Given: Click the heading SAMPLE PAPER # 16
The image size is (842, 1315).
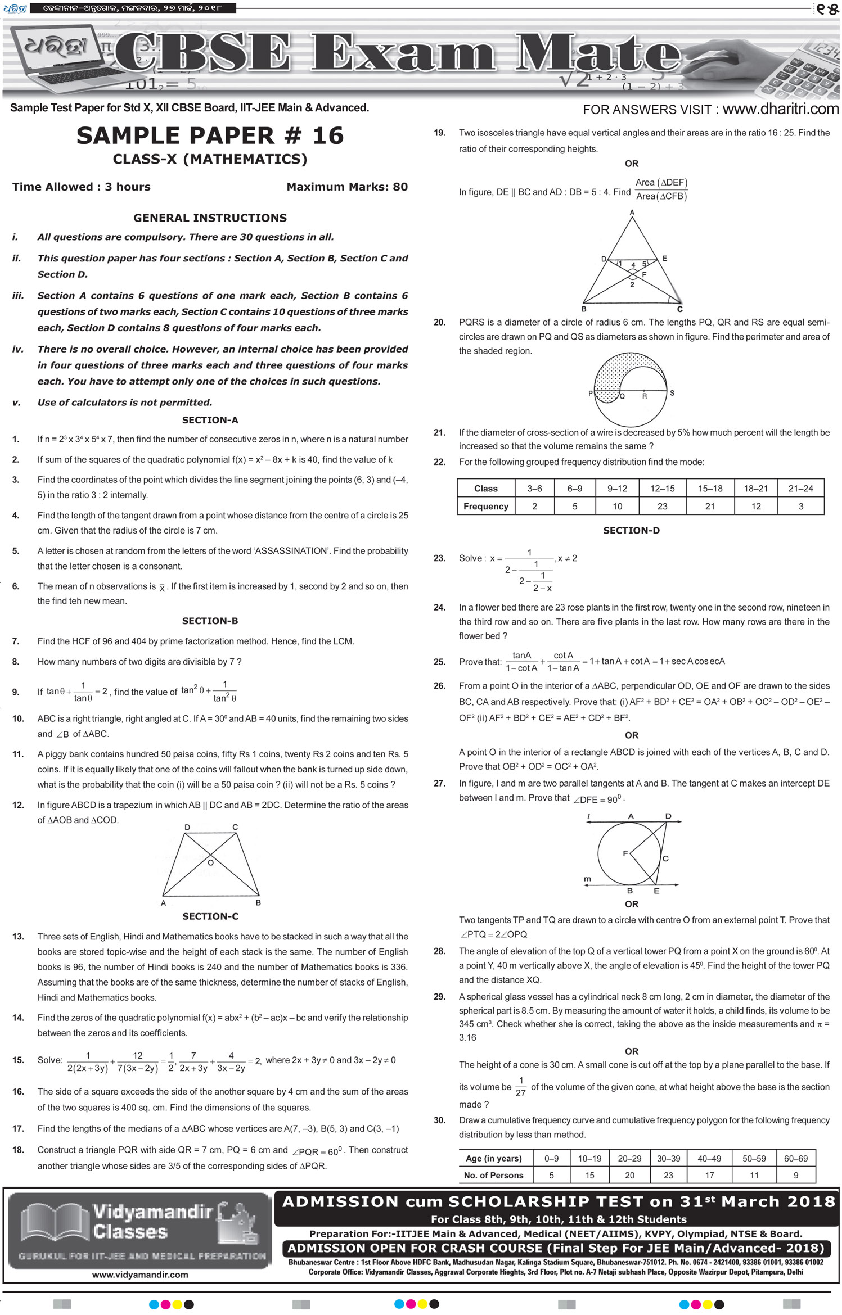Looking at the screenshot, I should [x=210, y=135].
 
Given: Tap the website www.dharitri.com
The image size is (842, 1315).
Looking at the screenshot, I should [x=780, y=109].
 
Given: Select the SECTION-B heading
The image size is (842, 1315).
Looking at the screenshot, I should [x=210, y=621].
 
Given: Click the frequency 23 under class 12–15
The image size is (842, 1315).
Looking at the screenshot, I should [x=662, y=506].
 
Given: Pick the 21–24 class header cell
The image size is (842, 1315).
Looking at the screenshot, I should [x=800, y=489].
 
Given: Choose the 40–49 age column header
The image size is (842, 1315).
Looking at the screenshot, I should [x=709, y=1158].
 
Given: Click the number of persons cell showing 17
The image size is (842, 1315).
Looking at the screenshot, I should [x=709, y=1175].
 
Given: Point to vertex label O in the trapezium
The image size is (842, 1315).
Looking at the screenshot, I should [x=211, y=862].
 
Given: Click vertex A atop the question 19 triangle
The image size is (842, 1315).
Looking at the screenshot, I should [x=632, y=212].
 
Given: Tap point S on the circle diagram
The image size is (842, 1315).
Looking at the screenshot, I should [x=672, y=393].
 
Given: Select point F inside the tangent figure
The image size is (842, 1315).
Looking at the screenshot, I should [x=625, y=853].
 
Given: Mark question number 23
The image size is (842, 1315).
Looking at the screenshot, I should [x=439, y=558].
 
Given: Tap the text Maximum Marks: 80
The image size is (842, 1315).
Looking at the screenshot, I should [x=347, y=187].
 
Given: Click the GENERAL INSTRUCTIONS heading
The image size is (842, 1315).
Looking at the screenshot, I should [x=210, y=218].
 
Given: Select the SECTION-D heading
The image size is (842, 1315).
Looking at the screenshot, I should [x=631, y=530].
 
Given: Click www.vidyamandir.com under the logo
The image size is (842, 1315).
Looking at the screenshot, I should [x=140, y=1275].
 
